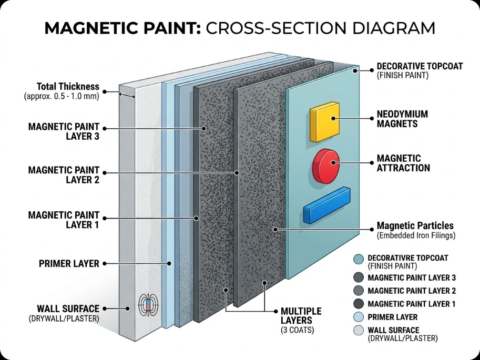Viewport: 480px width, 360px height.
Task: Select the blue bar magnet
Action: click(x=326, y=205)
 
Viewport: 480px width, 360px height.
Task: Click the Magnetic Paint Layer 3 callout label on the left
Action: click(x=64, y=131)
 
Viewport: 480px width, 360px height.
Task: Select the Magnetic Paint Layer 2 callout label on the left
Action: click(x=64, y=175)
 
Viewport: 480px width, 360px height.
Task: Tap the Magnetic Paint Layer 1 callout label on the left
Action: click(x=64, y=220)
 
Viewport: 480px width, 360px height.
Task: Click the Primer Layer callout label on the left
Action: click(x=69, y=263)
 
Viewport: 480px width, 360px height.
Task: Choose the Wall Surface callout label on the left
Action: click(x=68, y=312)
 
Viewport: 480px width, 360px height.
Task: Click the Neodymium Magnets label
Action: click(x=402, y=119)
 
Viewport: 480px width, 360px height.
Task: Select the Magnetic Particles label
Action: click(x=415, y=230)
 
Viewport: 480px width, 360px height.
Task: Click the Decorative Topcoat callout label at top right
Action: click(x=420, y=71)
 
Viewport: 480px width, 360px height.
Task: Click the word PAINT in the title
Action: click(x=167, y=28)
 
